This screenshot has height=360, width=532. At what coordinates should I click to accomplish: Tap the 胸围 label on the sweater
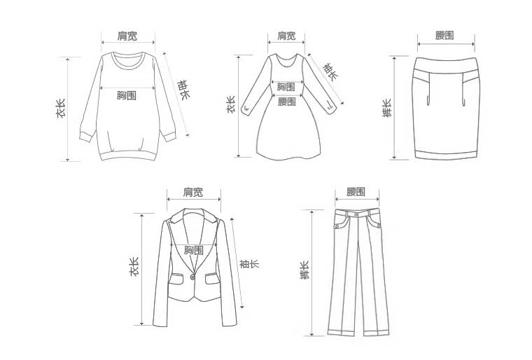(x=126, y=95)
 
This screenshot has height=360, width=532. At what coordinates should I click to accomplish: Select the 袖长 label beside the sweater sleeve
(x=183, y=91)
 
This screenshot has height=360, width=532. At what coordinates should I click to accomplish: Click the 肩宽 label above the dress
(x=286, y=36)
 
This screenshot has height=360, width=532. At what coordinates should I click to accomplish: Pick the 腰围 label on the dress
(x=286, y=102)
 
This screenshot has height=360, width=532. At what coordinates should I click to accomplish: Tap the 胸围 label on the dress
(x=286, y=87)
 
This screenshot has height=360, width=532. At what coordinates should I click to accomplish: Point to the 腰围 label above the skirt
(x=444, y=36)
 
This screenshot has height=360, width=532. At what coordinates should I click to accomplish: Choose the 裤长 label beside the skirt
(x=387, y=107)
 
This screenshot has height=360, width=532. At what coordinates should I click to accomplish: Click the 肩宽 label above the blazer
(x=193, y=192)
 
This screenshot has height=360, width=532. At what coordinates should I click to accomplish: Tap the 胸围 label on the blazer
(x=194, y=250)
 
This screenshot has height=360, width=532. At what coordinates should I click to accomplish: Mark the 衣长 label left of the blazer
(x=134, y=267)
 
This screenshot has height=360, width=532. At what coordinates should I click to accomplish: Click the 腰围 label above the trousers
(x=356, y=192)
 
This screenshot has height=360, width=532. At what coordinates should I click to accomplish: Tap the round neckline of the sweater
(x=127, y=61)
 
